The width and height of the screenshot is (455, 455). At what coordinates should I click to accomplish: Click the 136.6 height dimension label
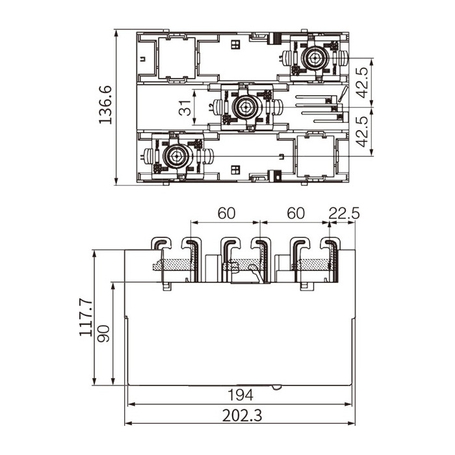click(105, 105)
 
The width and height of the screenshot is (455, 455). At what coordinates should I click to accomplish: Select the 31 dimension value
click(185, 108)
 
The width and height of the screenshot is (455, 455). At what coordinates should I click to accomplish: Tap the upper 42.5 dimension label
click(362, 83)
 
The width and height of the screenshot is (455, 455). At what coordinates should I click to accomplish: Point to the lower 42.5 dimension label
click(362, 131)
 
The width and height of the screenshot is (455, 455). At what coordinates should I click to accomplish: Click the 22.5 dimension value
click(344, 214)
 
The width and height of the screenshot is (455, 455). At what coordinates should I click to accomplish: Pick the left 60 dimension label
click(226, 213)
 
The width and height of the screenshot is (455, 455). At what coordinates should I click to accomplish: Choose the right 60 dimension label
click(296, 213)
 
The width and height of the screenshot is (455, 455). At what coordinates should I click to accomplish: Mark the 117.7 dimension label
click(86, 318)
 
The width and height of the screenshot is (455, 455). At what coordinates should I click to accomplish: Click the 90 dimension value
click(103, 333)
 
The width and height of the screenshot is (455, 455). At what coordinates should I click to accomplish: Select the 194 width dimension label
click(240, 395)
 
